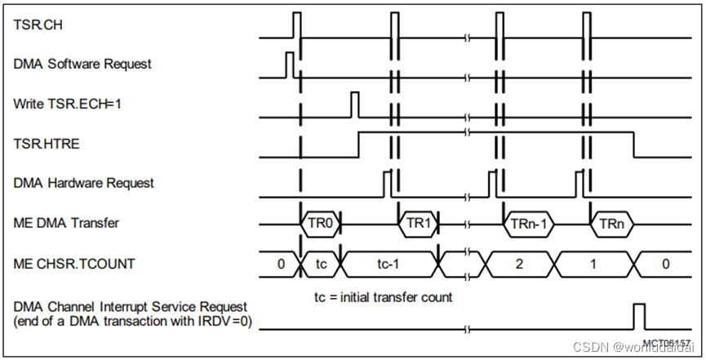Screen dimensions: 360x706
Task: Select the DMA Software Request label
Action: click(x=82, y=64)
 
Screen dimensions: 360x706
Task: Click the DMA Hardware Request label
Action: click(x=84, y=183)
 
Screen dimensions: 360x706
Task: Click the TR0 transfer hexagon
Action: click(x=319, y=223)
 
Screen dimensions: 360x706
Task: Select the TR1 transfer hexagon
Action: click(x=418, y=223)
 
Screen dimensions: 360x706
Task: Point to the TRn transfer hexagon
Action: click(x=612, y=223)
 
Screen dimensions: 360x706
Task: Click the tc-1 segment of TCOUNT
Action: click(x=389, y=263)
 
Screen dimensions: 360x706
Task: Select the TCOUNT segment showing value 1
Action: click(x=594, y=263)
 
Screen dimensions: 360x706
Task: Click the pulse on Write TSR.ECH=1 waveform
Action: click(x=354, y=104)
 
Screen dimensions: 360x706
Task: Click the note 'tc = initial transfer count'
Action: click(x=383, y=297)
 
